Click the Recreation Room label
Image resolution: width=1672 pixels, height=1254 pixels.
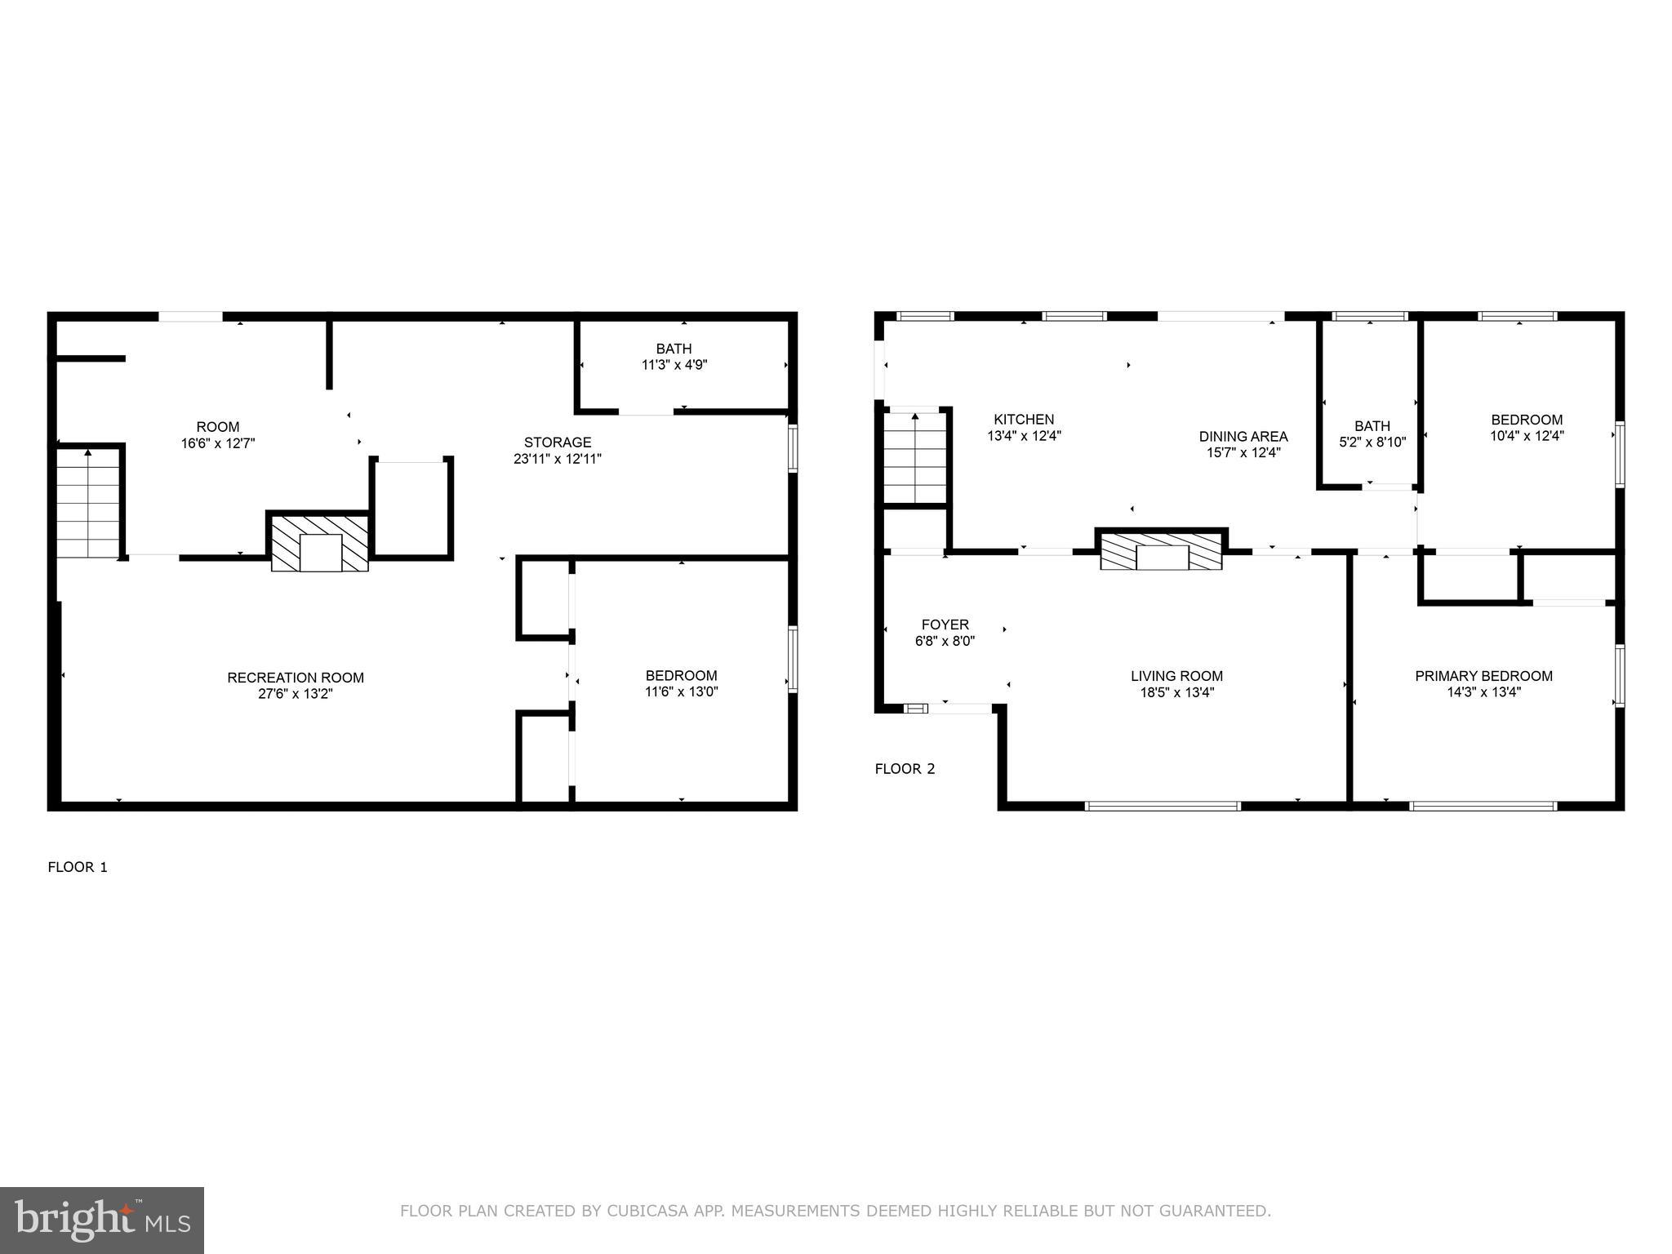point(296,678)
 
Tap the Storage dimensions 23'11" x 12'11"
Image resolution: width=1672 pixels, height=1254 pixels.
point(558,459)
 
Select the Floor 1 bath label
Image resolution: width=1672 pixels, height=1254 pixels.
point(674,349)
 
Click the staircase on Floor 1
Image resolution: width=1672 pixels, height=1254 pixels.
point(88,503)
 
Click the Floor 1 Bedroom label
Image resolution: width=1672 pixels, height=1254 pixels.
point(681,675)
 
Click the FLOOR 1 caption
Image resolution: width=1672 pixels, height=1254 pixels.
point(78,867)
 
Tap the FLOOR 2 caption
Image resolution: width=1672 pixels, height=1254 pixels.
point(905,768)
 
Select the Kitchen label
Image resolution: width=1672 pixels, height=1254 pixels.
point(1024,420)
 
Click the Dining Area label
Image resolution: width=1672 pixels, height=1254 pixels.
point(1243,436)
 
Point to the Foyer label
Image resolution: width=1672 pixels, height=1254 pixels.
point(945,625)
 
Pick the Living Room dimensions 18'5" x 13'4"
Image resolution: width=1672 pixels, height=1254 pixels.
point(1176,692)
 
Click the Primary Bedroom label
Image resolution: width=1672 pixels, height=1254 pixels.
point(1483,676)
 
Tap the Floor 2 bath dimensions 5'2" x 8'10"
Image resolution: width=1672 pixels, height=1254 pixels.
point(1372,442)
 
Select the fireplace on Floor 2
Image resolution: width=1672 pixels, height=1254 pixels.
point(1161,551)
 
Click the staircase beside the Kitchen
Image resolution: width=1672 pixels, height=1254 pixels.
point(915,458)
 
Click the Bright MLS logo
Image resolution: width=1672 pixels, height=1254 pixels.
point(102,1221)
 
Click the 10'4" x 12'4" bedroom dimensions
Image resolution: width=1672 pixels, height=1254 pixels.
point(1527,436)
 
